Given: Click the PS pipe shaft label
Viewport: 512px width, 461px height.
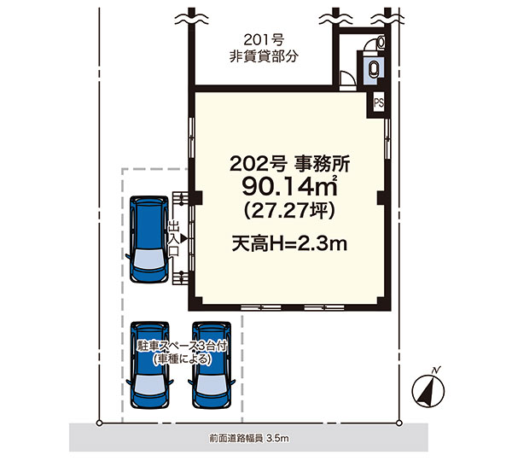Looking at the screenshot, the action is pyautogui.click(x=379, y=103).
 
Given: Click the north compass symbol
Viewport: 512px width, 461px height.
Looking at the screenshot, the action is pyautogui.click(x=428, y=389).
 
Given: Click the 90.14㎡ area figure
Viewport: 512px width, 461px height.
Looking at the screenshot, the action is pyautogui.click(x=289, y=187).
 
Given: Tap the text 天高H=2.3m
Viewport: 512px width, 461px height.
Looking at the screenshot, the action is pyautogui.click(x=289, y=243).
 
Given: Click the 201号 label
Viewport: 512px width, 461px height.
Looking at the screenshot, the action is pyautogui.click(x=264, y=40).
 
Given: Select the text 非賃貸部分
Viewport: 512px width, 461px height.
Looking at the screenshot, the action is pyautogui.click(x=264, y=56).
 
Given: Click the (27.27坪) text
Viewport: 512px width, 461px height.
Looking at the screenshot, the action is pyautogui.click(x=289, y=210).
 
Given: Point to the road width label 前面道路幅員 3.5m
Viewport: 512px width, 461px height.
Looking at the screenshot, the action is pyautogui.click(x=249, y=438).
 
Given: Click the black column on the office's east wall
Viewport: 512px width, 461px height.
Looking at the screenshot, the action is pyautogui.click(x=381, y=198).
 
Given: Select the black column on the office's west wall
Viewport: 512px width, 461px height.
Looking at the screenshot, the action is pyautogui.click(x=198, y=198).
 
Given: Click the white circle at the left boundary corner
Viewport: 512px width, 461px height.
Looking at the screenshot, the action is pyautogui.click(x=99, y=423).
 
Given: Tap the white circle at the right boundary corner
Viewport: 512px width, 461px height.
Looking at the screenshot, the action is pyautogui.click(x=399, y=423).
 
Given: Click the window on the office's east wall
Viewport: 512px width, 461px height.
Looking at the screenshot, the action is pyautogui.click(x=387, y=139).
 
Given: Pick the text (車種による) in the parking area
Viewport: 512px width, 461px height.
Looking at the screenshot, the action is pyautogui.click(x=182, y=359).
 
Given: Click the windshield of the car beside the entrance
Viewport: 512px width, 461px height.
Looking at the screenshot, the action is pyautogui.click(x=149, y=258).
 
